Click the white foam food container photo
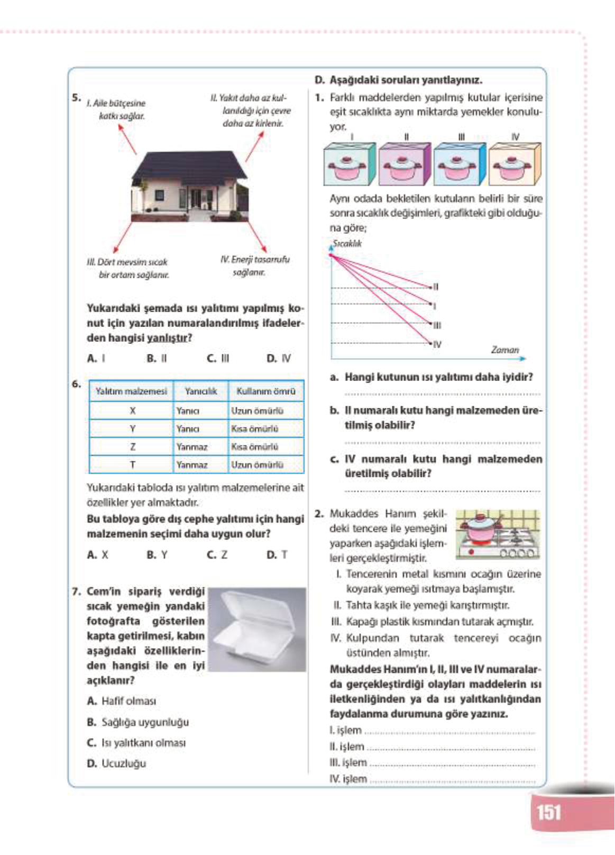point(258,629)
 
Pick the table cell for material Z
point(132,447)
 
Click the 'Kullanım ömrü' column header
point(266,392)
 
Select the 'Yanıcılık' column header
point(201,392)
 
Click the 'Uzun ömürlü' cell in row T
point(258,465)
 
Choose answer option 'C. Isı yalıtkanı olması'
point(136,743)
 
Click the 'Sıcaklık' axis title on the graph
point(347,244)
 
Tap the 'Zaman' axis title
point(505,350)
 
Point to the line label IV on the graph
point(437,344)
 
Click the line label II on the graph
point(436,287)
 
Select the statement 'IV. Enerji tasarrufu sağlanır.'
point(255,266)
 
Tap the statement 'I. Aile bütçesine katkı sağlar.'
point(117,110)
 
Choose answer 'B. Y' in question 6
point(157,555)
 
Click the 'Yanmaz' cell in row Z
point(192,447)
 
